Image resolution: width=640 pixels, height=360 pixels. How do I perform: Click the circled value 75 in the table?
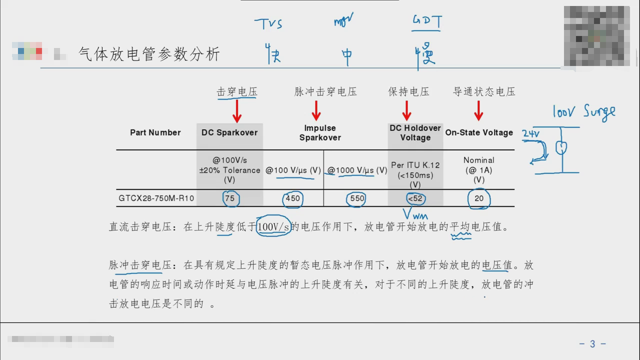229,198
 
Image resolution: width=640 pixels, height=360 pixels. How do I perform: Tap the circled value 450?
292,198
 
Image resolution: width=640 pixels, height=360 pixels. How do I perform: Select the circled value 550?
357,198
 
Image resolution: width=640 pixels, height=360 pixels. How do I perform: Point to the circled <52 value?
415,198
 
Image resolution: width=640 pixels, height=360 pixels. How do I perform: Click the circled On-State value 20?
479,198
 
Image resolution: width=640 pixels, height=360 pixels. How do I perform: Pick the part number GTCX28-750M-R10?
156,198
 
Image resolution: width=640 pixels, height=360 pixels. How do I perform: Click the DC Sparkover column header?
229,132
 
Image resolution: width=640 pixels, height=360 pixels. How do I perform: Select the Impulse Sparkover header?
320,132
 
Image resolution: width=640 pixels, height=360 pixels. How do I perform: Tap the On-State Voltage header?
479,132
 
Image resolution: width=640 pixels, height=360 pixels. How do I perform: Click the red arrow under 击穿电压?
237,111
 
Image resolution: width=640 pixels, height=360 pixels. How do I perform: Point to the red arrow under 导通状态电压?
478,111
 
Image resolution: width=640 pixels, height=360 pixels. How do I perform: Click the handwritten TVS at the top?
268,23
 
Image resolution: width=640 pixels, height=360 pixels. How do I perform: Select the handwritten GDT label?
426,22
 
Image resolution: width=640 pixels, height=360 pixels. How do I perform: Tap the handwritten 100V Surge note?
583,111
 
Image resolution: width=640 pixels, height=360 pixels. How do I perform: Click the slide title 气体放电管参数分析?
149,54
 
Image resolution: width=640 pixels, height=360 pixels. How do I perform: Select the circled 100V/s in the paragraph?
273,227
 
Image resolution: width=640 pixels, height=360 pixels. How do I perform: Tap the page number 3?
592,344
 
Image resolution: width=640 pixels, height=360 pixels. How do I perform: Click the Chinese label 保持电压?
408,92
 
